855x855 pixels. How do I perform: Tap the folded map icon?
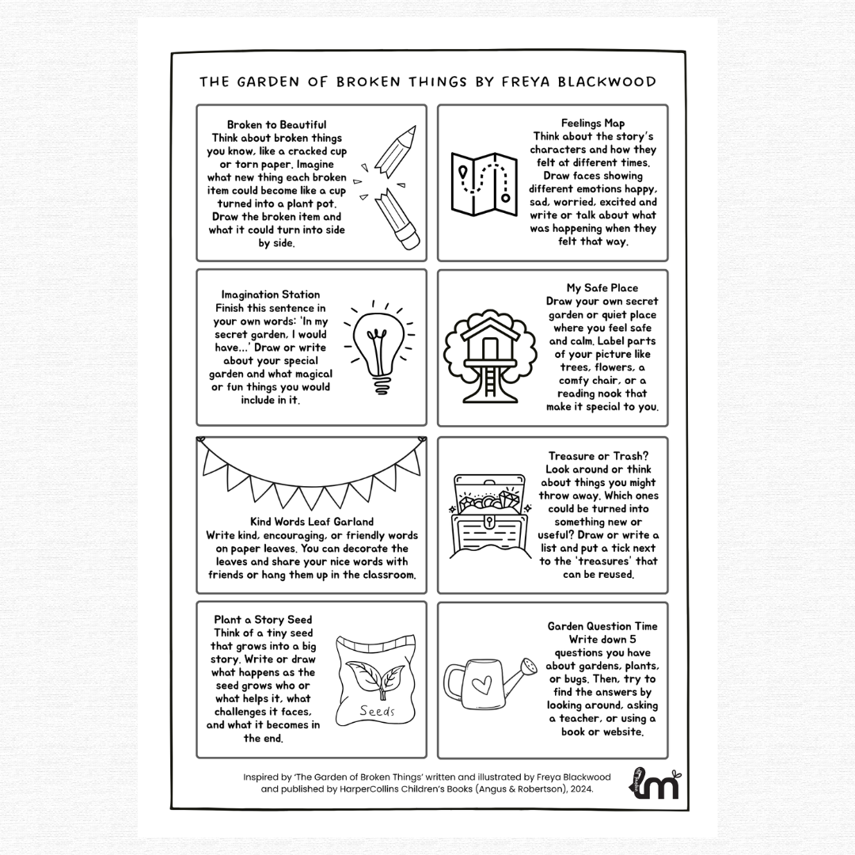pos(484,184)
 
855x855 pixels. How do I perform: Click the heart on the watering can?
pos(481,685)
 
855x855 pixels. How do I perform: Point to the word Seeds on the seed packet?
pos(377,711)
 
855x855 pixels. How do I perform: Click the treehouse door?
pos(490,348)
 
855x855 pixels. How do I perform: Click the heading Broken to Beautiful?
pos(276,125)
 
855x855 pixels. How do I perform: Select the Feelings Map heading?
pos(593,123)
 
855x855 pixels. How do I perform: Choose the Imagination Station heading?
pos(271,294)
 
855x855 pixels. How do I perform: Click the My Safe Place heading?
pos(602,288)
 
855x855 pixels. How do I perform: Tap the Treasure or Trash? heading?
pos(598,456)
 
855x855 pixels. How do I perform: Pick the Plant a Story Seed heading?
pos(263,619)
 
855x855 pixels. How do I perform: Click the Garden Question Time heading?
pos(602,626)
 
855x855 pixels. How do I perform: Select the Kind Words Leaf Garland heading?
pos(312,522)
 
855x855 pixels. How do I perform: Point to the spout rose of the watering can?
pos(528,667)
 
